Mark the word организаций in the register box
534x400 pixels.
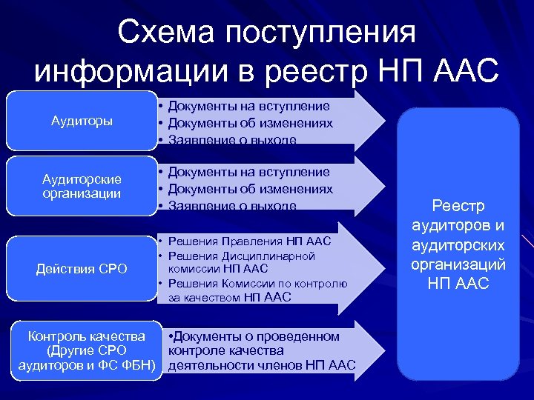(458, 264)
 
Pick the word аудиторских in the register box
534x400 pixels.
(458, 245)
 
